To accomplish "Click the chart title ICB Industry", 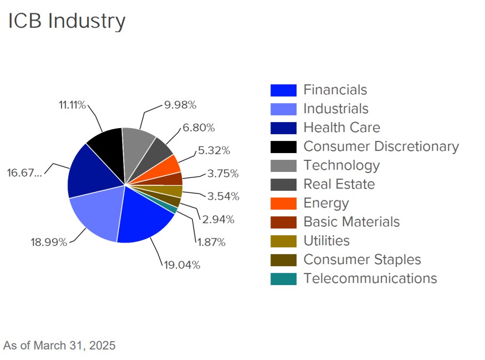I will tap(67, 21).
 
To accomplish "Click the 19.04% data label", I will tap(182, 265).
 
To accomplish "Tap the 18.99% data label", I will tap(49, 242).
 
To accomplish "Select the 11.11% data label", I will tap(72, 105).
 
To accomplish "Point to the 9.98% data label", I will tap(180, 105).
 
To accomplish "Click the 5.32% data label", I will tap(213, 150).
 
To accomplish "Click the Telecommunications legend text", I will tap(370, 278).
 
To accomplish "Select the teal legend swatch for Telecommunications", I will tap(283, 278).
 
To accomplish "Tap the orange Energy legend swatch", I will tap(283, 203).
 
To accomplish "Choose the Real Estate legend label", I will tap(339, 184).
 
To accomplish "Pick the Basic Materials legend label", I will tap(351, 222).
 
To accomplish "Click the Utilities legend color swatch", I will tap(283, 241).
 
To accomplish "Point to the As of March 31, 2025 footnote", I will tap(59, 346).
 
